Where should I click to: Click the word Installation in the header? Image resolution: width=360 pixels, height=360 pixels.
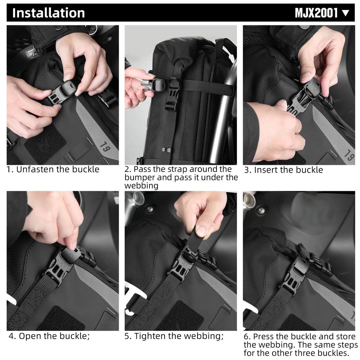49,13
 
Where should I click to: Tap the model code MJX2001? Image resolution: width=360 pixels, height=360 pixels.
316,13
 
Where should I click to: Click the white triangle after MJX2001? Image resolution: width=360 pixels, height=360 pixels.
346,13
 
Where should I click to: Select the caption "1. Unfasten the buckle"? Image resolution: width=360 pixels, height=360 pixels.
53,169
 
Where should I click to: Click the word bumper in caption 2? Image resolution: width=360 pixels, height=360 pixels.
141,178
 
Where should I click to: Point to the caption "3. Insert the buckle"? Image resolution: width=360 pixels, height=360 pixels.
284,170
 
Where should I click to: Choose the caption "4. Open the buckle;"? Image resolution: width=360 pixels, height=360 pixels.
50,336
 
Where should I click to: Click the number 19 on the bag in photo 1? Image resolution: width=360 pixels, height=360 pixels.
104,145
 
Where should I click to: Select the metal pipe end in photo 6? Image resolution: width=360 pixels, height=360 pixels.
249,199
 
